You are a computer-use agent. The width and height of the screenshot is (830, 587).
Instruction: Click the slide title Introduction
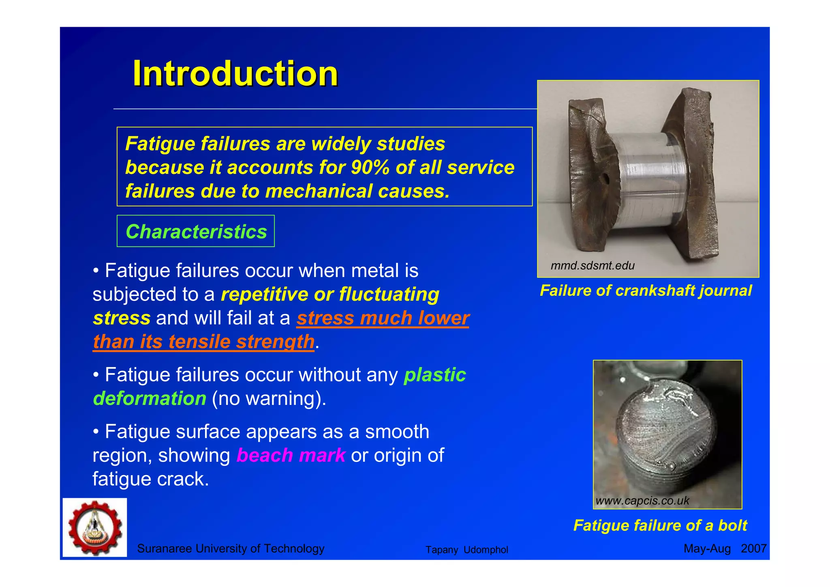click(235, 73)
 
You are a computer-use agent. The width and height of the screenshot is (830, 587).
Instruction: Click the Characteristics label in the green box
click(196, 232)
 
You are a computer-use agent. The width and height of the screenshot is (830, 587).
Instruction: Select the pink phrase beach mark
click(291, 455)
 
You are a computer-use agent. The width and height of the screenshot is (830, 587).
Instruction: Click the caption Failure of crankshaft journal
click(646, 291)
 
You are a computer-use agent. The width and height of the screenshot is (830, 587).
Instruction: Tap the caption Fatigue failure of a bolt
click(660, 525)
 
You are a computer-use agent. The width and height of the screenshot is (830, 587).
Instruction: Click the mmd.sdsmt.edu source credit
click(592, 266)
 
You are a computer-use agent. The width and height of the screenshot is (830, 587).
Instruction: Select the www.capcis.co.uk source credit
click(642, 501)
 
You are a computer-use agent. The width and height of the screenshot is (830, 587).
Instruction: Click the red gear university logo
click(95, 528)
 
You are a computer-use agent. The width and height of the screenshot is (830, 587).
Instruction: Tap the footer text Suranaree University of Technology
click(231, 548)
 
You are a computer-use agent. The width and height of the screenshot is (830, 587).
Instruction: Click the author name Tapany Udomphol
click(466, 550)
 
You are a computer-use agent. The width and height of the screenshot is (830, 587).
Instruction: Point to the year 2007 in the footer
click(753, 548)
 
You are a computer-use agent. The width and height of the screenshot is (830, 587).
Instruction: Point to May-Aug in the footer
click(707, 548)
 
